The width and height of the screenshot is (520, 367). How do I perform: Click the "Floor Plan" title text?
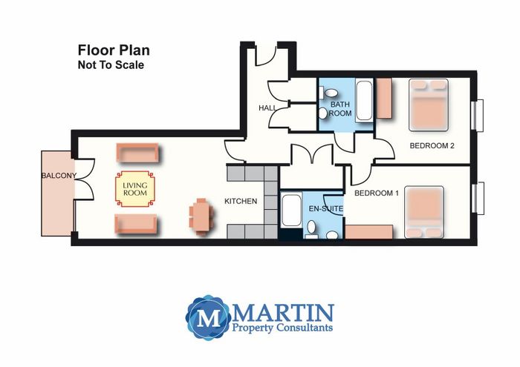pos(114,50)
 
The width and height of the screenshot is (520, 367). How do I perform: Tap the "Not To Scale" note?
pos(111,65)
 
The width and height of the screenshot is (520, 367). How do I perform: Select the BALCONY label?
pos(59,176)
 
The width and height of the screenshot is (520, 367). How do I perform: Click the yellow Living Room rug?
pos(135,189)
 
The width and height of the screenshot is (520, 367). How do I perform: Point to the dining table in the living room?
pos(201,216)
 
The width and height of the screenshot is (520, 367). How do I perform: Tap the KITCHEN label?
pos(241,201)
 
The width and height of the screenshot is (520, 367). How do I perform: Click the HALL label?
pos(267,108)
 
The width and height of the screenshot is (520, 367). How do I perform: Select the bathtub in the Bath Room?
pos(364,100)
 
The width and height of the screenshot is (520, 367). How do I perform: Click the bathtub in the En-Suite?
pos(291,211)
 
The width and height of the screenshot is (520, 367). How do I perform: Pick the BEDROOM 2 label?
pos(432,145)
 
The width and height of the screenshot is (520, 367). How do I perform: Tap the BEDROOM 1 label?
pos(377,193)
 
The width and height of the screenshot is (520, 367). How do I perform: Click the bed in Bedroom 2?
pos(429,105)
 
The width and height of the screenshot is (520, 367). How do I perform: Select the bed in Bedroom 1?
pos(424,212)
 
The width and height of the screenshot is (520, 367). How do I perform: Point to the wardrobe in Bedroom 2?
pos(385,99)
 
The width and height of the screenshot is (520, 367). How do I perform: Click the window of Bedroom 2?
pos(477,115)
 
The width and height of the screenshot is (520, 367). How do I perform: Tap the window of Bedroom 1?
pos(478,198)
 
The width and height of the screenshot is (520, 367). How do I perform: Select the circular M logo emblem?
pos(209,317)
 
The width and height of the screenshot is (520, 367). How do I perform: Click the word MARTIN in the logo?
pos(283,313)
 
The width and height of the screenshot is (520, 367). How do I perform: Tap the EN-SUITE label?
pos(326,209)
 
